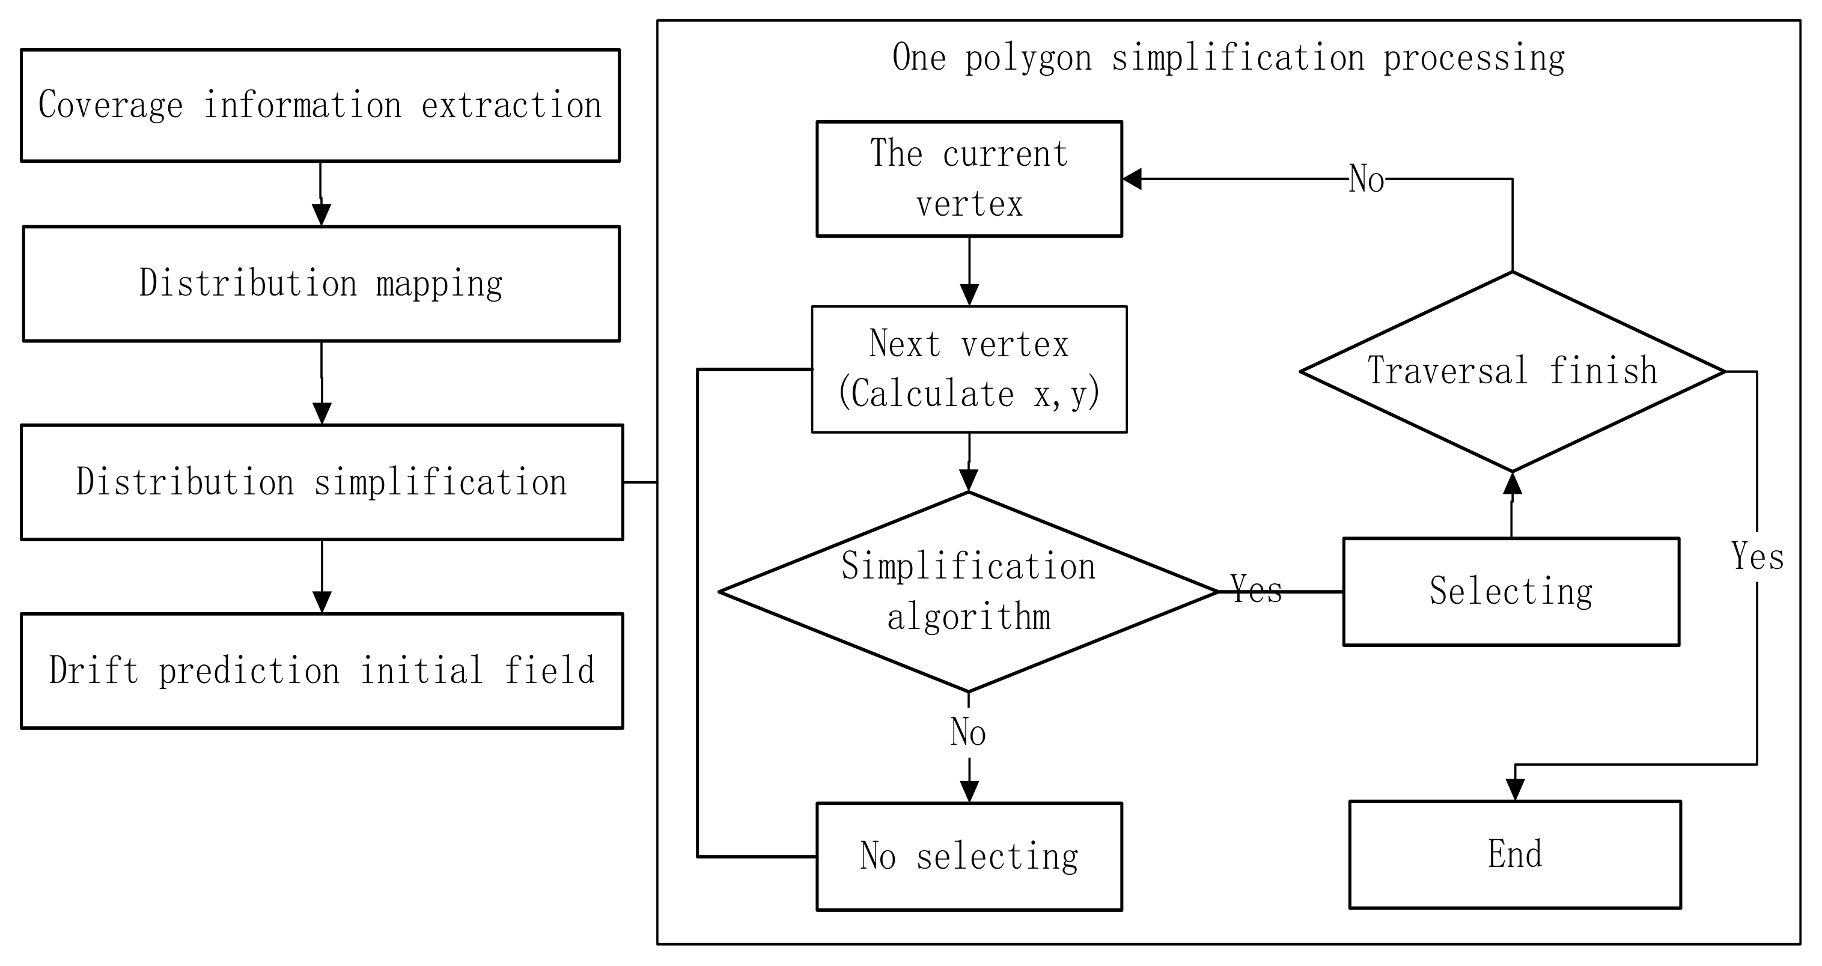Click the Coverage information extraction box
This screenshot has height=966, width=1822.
[x=320, y=105]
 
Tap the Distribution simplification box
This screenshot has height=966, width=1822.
[x=322, y=482]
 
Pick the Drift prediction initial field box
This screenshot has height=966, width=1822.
[x=322, y=670]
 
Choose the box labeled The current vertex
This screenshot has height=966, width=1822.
[x=969, y=179]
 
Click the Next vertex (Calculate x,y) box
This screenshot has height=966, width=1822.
[x=969, y=369]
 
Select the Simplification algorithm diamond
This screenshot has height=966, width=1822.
[x=968, y=591]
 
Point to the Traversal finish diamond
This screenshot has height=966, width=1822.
[x=1512, y=371]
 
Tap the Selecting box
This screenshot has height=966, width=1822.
[x=1511, y=592]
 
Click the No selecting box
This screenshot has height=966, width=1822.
[x=969, y=857]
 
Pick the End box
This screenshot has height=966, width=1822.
[x=1515, y=854]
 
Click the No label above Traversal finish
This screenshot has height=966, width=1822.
[x=1366, y=179]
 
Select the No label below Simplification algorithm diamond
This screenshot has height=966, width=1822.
[x=968, y=732]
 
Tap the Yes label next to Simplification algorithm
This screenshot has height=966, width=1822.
[x=1256, y=589]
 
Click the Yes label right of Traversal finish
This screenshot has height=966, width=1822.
[x=1757, y=556]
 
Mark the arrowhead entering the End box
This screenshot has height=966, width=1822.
[x=1515, y=790]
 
